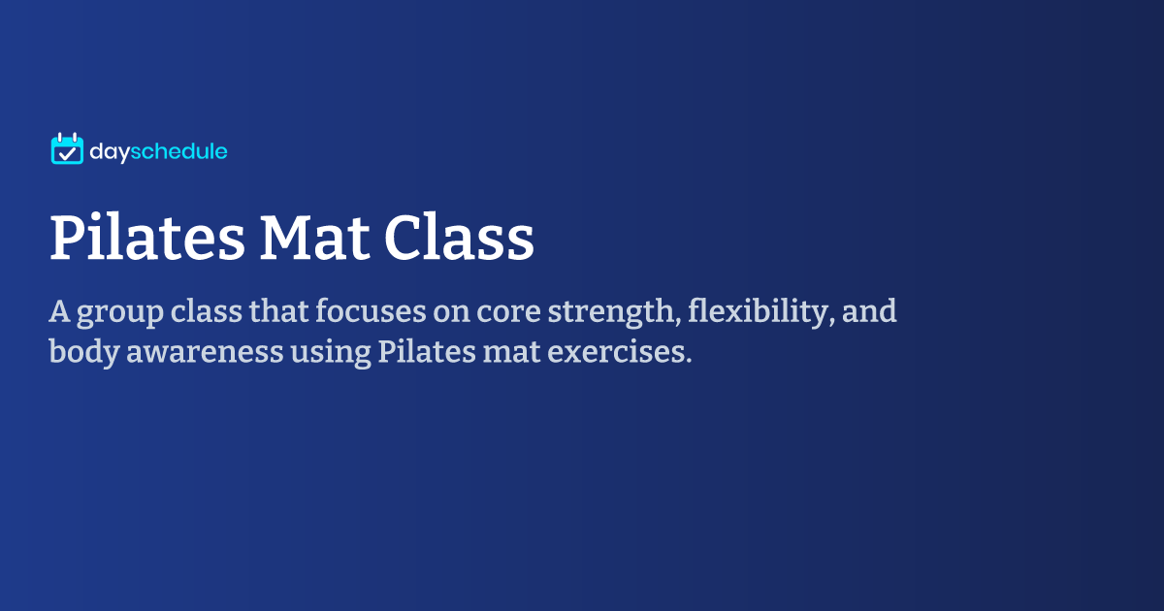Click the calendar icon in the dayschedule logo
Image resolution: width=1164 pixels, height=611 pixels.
click(x=67, y=148)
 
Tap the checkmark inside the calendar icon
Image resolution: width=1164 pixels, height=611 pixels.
click(x=67, y=153)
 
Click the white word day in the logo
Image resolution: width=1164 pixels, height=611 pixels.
click(x=109, y=151)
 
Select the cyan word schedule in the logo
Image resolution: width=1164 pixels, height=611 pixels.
click(x=178, y=151)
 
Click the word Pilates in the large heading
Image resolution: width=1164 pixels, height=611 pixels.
click(x=147, y=237)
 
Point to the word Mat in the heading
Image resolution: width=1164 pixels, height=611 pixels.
click(x=315, y=238)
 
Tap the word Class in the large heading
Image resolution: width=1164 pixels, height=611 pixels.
click(x=460, y=237)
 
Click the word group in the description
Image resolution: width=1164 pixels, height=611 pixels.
click(x=120, y=312)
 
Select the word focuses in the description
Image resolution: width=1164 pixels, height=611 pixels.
click(x=371, y=310)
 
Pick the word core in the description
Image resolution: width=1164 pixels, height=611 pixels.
click(x=508, y=312)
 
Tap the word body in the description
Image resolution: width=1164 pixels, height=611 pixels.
click(x=84, y=352)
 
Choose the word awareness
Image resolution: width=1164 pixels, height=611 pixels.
click(x=205, y=353)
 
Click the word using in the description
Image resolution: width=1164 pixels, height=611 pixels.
click(x=331, y=353)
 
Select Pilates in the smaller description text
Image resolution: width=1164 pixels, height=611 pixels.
click(x=427, y=351)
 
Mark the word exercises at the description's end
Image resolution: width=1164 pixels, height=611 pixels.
click(x=620, y=352)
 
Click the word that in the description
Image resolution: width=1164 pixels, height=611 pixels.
click(x=278, y=310)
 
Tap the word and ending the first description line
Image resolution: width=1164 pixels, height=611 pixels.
click(x=869, y=310)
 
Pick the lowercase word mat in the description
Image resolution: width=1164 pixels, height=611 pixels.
click(x=511, y=353)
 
